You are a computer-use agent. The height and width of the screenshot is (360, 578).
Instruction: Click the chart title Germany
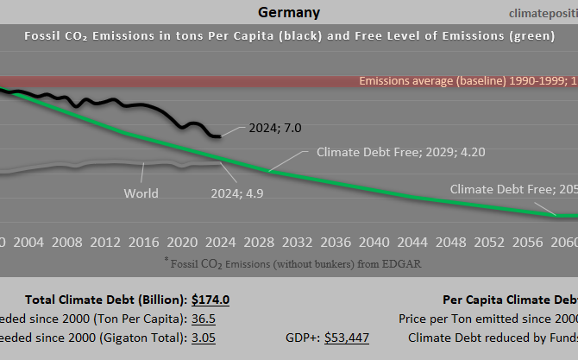[288, 12]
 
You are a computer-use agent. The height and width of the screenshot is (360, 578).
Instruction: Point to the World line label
[141, 193]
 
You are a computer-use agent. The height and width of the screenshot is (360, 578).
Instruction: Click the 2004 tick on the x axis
[29, 242]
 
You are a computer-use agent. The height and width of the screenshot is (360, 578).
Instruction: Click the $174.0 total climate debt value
[210, 300]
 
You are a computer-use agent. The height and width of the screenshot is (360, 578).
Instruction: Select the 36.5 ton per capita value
[204, 319]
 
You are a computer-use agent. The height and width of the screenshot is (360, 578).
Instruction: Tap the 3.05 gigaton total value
[204, 337]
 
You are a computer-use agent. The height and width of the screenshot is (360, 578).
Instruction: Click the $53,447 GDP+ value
[347, 337]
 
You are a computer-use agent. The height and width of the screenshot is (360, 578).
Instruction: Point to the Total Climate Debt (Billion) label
[105, 300]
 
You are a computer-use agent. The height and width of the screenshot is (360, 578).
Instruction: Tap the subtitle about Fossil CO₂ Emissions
[288, 36]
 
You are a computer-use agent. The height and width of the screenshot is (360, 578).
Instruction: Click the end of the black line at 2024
[219, 136]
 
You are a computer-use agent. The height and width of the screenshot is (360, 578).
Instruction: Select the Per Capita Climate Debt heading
[509, 300]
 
